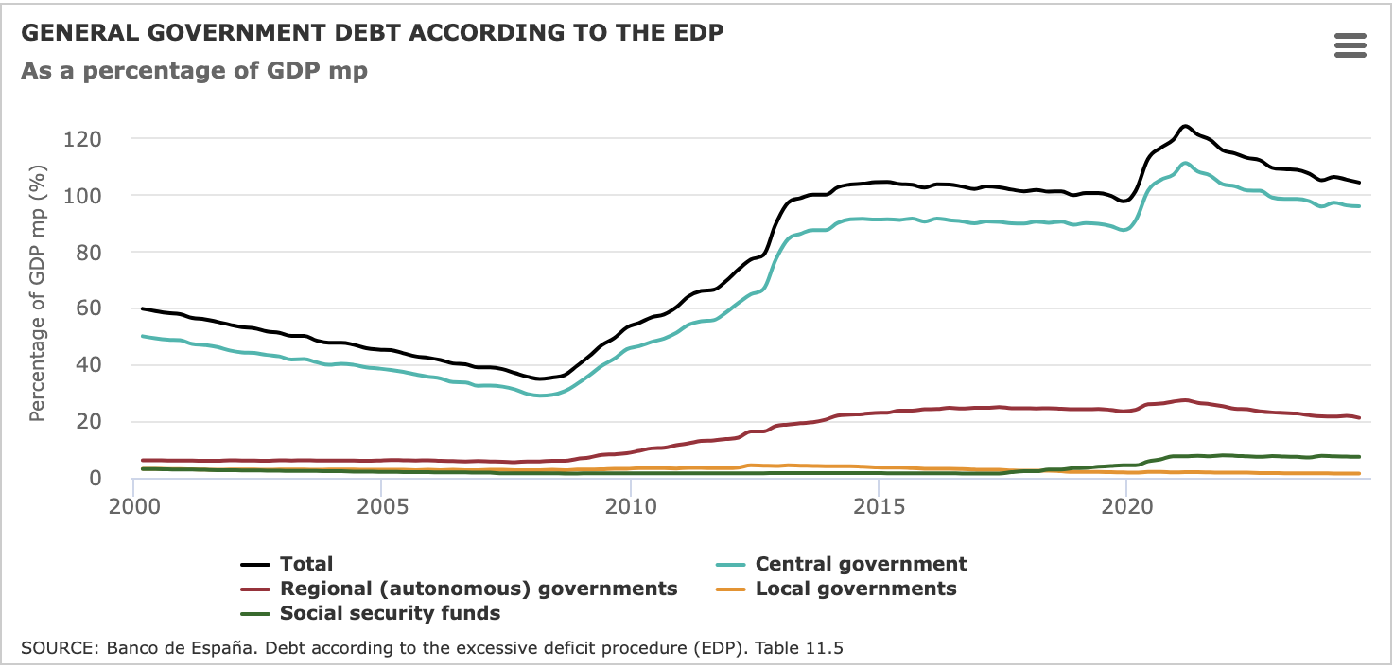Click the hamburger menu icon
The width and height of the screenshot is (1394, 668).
1350,45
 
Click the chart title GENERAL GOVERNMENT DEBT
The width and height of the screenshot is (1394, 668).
372,33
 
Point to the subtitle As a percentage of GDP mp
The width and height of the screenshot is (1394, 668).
194,71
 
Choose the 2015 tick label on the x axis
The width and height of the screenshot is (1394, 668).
878,504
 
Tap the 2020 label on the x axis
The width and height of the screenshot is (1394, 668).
1125,504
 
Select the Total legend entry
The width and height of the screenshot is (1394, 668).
306,565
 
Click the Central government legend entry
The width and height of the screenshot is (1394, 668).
861,565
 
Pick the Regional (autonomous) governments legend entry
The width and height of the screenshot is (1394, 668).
479,589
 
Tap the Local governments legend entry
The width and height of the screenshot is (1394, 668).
856,589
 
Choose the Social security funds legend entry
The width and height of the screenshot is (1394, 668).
390,613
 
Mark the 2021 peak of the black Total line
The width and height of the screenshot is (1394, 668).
1184,126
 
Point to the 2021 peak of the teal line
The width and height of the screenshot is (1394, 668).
1185,163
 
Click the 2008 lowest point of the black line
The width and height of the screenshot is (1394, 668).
540,378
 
